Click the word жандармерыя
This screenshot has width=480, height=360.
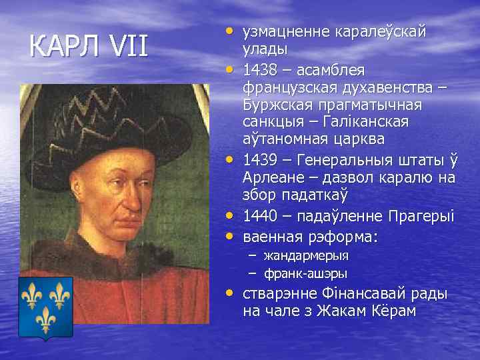click(306, 255)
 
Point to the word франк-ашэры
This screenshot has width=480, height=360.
click(305, 273)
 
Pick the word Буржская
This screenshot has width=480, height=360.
click(279, 106)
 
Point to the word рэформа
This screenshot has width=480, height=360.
click(340, 237)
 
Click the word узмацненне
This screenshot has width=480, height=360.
click(288, 31)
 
